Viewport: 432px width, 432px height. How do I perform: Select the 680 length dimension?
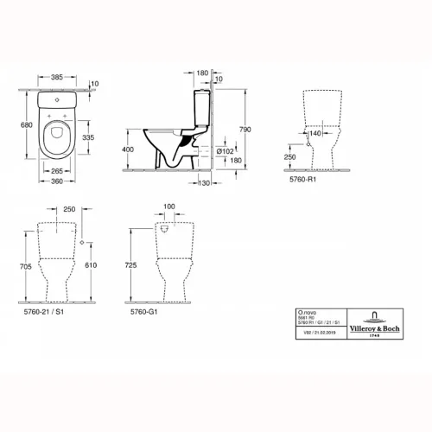coord(27,124)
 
